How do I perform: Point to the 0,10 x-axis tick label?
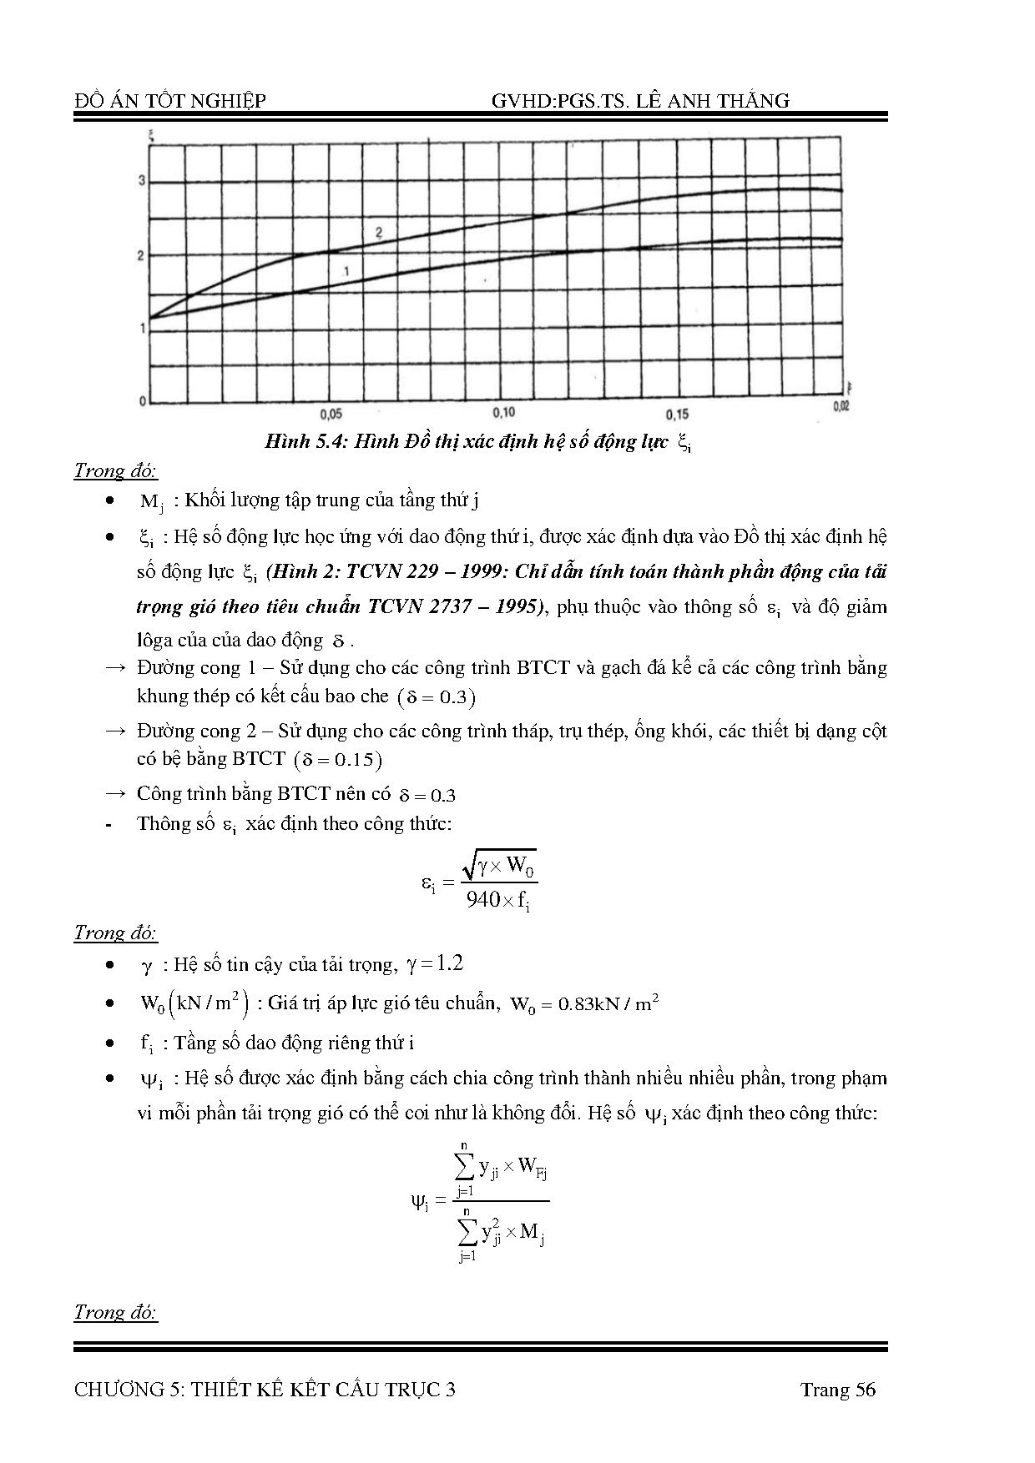coord(503,413)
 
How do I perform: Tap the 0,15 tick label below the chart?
coord(677,415)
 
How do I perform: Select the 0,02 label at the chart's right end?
coord(841,406)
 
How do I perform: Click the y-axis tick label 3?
coord(142,181)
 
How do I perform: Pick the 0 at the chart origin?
coord(143,401)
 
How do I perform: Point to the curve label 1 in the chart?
coord(345,270)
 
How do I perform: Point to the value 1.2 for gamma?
coord(448,964)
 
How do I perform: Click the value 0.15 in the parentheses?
coord(355,760)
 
